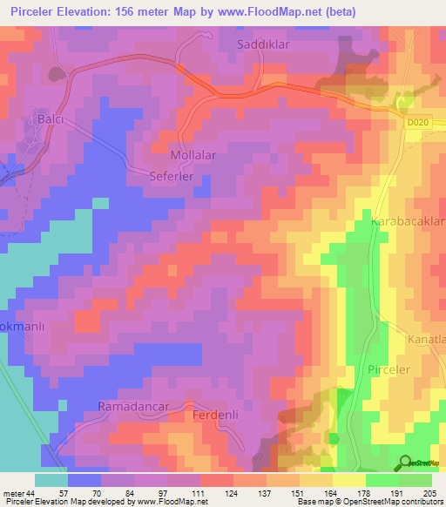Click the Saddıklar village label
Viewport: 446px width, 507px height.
[x=267, y=43]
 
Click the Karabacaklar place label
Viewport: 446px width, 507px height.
[x=408, y=223]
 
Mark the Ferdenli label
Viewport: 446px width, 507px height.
[x=215, y=416]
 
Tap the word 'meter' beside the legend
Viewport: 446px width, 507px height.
[x=12, y=492]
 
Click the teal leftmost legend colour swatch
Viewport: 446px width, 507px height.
[x=51, y=480]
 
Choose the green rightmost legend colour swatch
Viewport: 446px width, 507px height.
[x=415, y=480]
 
